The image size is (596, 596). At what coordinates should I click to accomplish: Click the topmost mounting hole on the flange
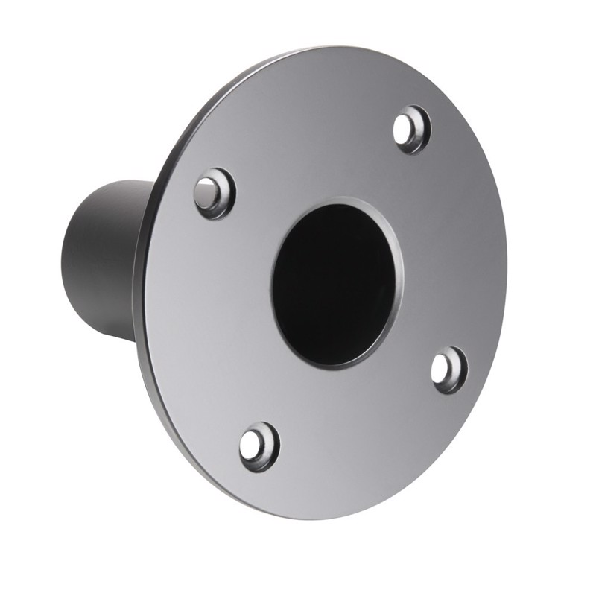click(x=411, y=128)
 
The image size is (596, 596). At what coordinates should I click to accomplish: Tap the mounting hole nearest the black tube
click(x=213, y=192)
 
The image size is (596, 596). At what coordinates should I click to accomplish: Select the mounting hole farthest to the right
click(x=447, y=368)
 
